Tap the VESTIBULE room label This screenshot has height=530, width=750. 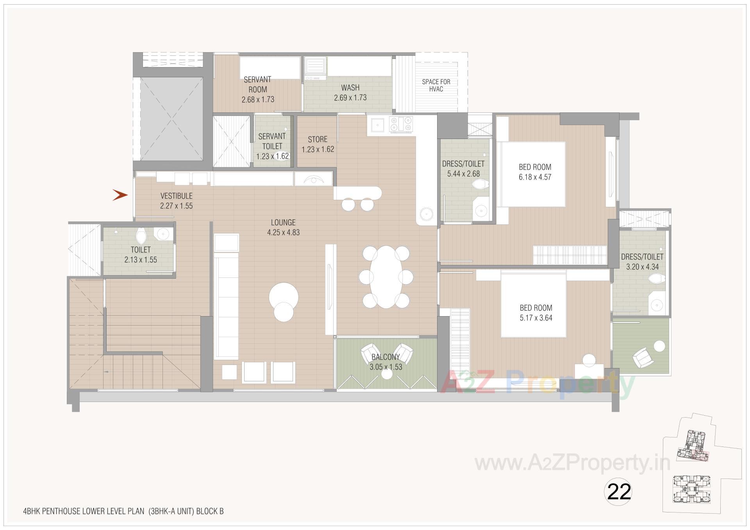(176, 196)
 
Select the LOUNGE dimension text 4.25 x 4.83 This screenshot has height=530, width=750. (283, 233)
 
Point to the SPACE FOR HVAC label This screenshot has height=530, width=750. (436, 85)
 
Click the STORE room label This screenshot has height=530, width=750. (317, 139)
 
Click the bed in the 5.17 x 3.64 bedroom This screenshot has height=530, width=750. (534, 304)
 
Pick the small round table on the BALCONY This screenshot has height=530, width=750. (387, 374)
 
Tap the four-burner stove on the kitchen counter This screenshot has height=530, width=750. (401, 124)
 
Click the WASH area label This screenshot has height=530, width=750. (350, 88)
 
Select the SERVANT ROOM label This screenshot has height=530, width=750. (257, 84)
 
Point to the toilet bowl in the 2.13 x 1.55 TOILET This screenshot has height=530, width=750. (141, 235)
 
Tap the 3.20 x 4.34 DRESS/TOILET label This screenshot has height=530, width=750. (642, 257)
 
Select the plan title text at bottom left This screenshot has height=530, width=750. (123, 511)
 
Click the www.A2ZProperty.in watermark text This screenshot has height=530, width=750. (572, 463)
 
